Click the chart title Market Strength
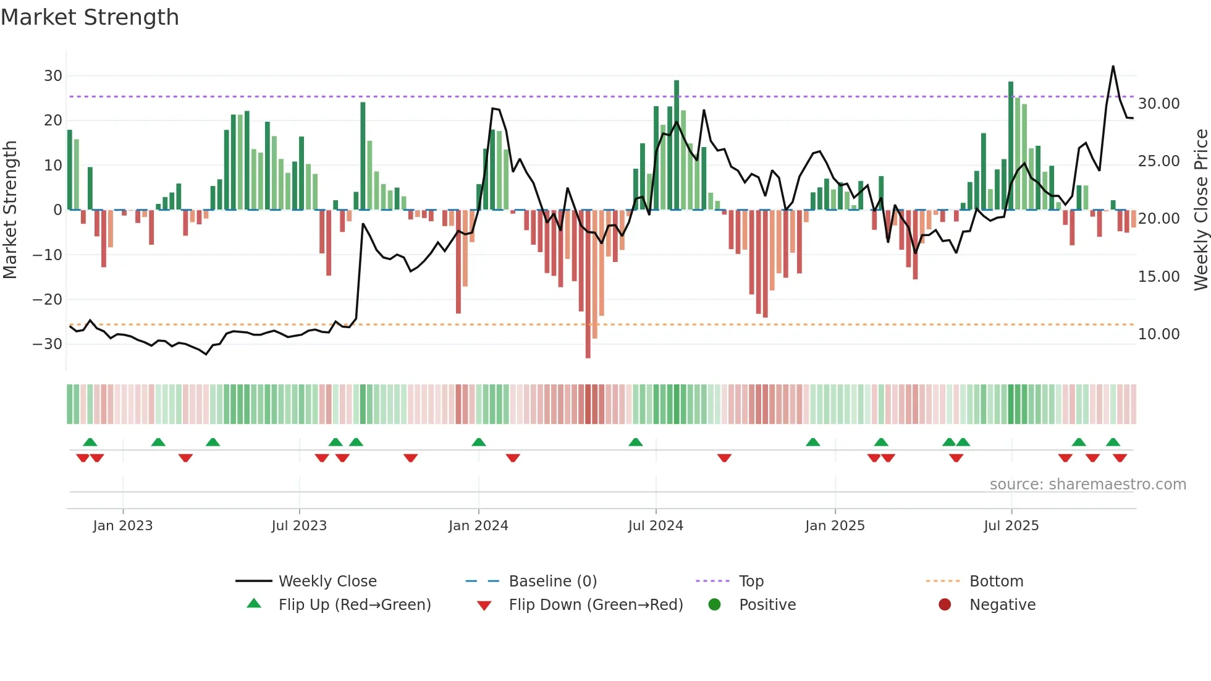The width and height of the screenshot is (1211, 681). point(90,17)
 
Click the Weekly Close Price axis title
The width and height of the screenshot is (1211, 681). point(1200,209)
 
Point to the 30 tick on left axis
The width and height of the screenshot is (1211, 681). point(53,76)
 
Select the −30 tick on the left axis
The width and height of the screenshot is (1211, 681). point(48,344)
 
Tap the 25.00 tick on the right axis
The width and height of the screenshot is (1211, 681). point(1158,161)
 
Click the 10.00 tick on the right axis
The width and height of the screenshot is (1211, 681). point(1158,334)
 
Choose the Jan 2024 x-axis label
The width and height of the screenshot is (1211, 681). point(478,526)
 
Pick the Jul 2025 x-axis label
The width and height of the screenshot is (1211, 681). point(1011,526)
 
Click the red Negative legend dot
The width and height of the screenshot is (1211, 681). point(945,605)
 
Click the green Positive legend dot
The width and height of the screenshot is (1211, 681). point(715,605)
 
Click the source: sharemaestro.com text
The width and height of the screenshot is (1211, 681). point(1087,484)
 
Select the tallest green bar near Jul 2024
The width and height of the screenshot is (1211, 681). point(677,83)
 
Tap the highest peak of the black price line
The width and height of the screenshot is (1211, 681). point(1113,67)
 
